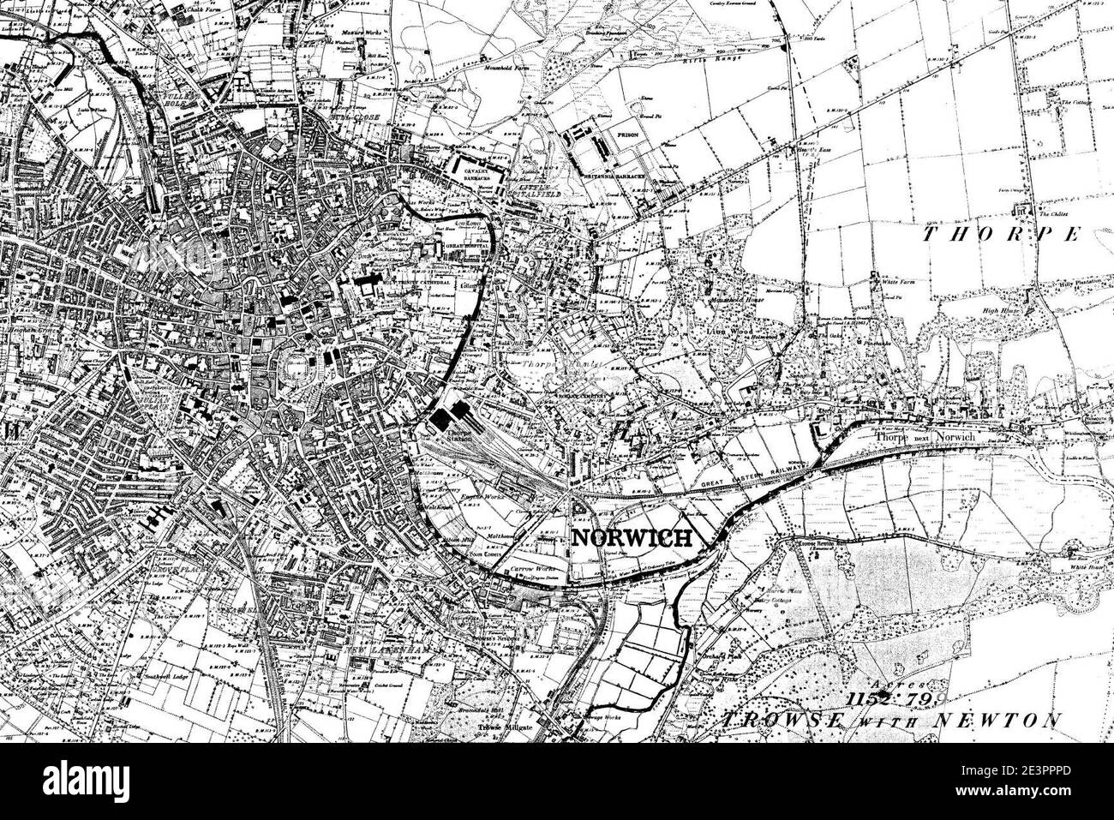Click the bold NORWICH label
(632, 538)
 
